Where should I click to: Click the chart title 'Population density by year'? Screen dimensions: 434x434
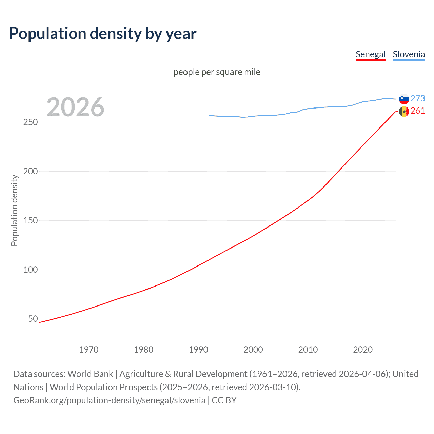pyautogui.click(x=103, y=34)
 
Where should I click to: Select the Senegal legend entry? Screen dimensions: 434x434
pyautogui.click(x=370, y=54)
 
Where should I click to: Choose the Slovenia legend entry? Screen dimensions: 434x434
pyautogui.click(x=409, y=54)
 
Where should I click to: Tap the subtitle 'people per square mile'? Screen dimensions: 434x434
pyautogui.click(x=217, y=72)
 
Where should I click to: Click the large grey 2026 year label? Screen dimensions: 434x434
pyautogui.click(x=75, y=107)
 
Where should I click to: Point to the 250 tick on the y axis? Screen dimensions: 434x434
pyautogui.click(x=31, y=122)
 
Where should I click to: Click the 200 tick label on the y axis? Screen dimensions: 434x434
pyautogui.click(x=31, y=171)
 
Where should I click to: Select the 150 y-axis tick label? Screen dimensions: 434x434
pyautogui.click(x=31, y=220)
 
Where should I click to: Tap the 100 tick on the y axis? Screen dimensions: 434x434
pyautogui.click(x=31, y=270)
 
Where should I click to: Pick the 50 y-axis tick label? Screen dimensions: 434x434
pyautogui.click(x=33, y=319)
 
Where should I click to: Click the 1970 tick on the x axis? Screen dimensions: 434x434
pyautogui.click(x=89, y=350)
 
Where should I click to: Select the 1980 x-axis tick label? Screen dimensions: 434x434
pyautogui.click(x=143, y=350)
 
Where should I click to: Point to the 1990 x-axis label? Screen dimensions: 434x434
pyautogui.click(x=198, y=350)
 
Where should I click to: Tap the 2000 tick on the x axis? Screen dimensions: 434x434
pyautogui.click(x=253, y=350)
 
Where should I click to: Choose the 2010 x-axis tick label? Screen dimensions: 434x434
pyautogui.click(x=308, y=350)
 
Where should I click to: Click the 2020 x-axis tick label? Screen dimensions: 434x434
pyautogui.click(x=363, y=350)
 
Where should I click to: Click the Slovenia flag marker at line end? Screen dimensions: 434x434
pyautogui.click(x=404, y=99)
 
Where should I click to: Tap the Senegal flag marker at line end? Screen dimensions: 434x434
pyautogui.click(x=404, y=111)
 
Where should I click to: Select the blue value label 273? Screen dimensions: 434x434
pyautogui.click(x=418, y=98)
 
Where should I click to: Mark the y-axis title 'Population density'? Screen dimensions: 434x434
pyautogui.click(x=14, y=210)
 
